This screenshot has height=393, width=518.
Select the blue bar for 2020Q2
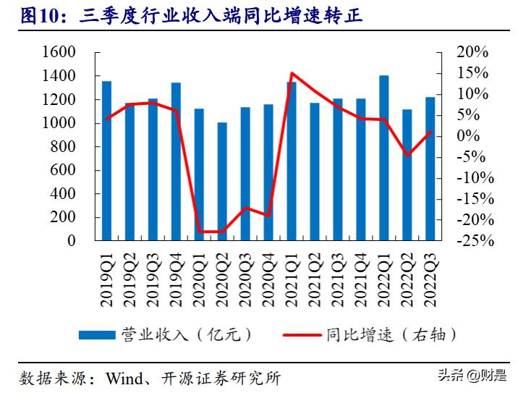point(222,181)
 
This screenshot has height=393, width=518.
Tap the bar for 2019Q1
point(106,161)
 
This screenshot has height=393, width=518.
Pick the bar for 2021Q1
point(292,161)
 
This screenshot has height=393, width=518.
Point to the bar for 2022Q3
point(430,169)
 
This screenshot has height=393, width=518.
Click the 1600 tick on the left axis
point(61,53)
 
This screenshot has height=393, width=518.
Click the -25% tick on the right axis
point(474,241)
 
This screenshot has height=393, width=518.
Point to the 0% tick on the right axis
point(478,136)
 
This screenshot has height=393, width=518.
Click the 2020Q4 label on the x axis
point(268,274)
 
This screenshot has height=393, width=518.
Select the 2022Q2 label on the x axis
point(407,274)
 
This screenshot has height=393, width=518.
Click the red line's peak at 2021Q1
point(291,73)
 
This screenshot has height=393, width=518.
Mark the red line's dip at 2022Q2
point(407,155)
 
